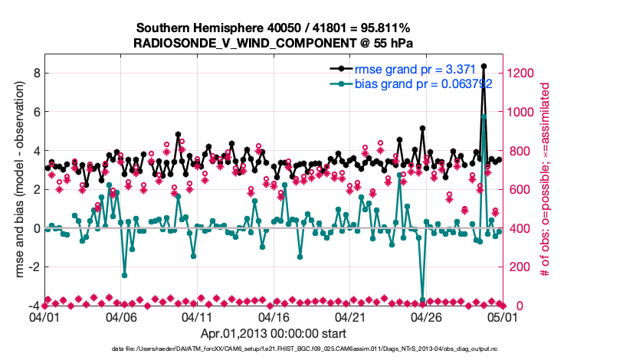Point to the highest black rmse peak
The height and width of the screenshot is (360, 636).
[484, 67]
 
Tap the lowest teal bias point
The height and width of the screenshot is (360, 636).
[422, 299]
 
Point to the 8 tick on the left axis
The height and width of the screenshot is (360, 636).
[35, 73]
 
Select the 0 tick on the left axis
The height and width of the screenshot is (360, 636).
[35, 228]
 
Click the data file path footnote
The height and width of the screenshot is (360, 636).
[318, 349]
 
